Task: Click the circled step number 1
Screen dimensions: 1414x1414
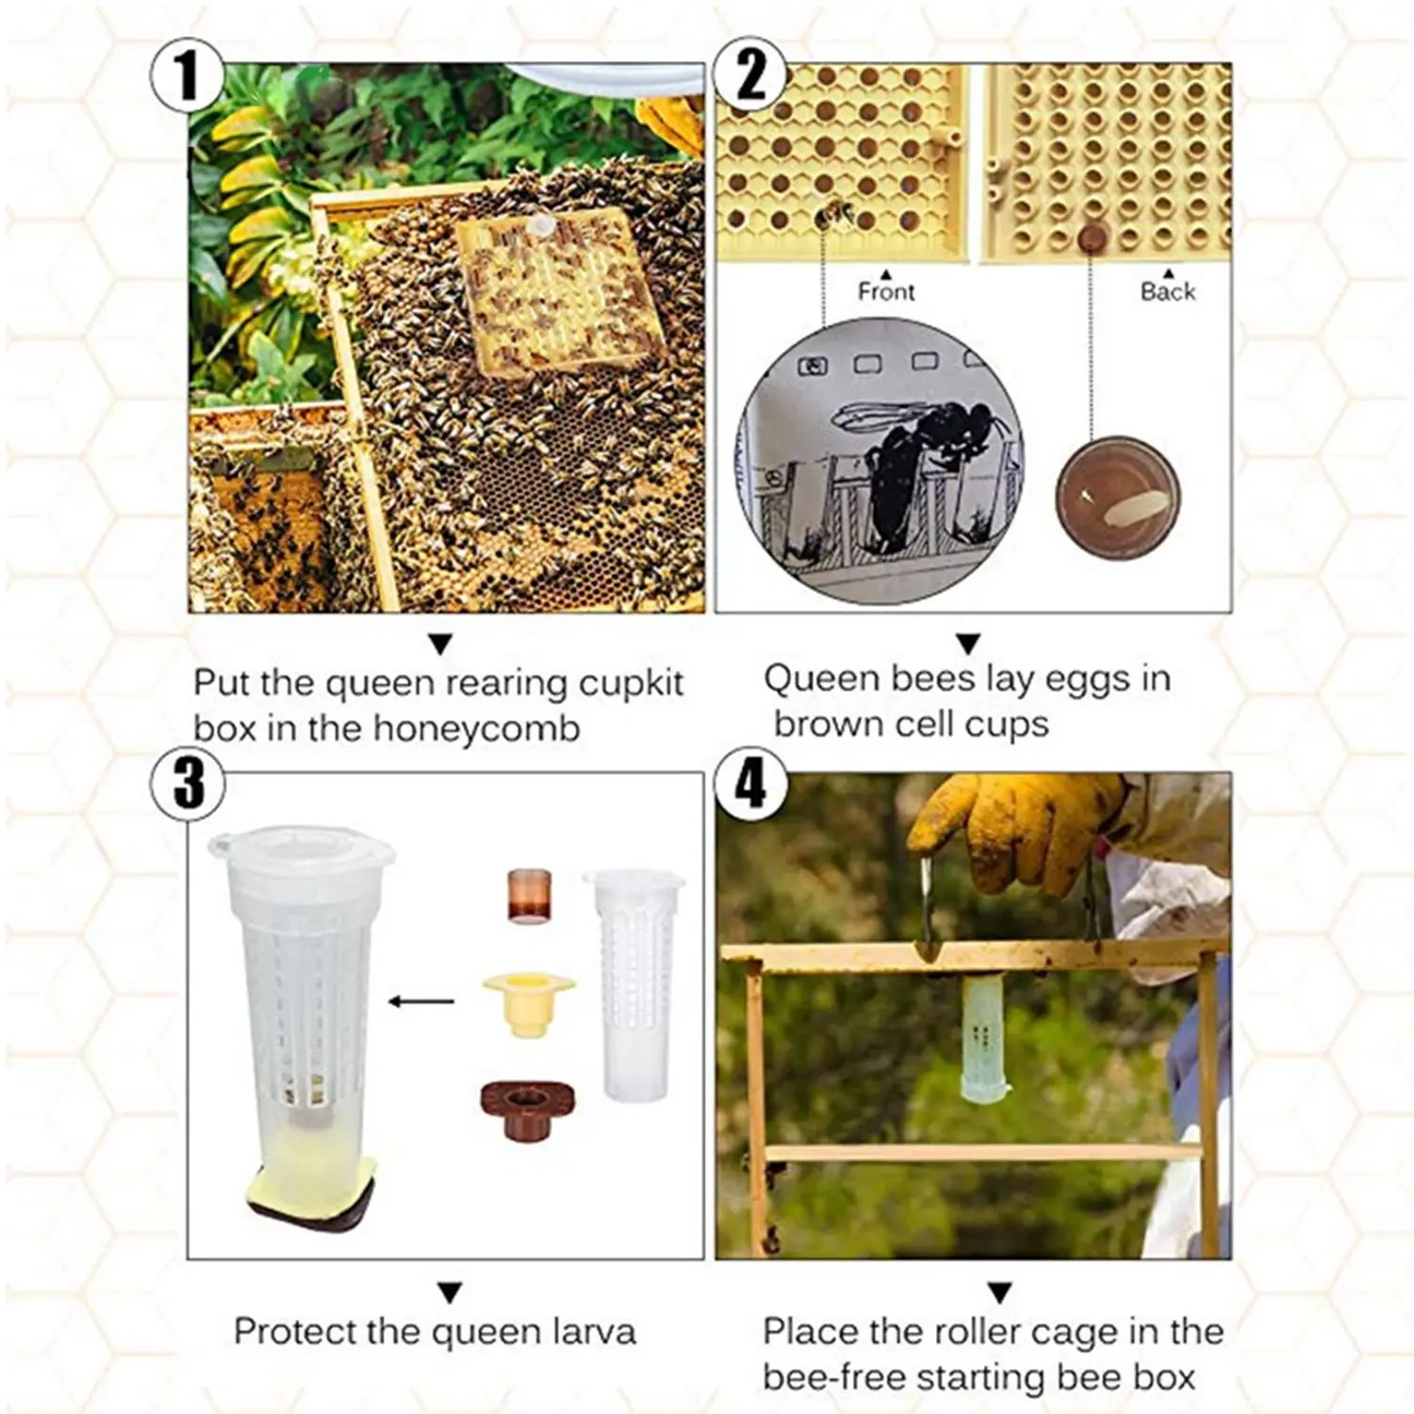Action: tap(188, 75)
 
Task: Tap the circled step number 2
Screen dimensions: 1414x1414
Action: tap(750, 75)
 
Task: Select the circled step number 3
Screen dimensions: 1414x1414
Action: tap(188, 783)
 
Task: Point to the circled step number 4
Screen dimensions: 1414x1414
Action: tap(750, 783)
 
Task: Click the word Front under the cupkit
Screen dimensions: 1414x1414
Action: tap(886, 292)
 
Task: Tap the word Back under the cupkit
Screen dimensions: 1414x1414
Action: tap(1168, 292)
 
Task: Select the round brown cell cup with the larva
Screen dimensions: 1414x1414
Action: tap(1117, 497)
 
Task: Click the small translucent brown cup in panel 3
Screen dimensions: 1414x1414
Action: tap(529, 895)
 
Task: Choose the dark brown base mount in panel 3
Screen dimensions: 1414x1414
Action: tap(528, 1109)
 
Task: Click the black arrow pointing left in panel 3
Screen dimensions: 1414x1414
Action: tap(421, 1001)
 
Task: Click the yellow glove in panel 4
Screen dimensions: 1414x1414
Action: tap(1013, 830)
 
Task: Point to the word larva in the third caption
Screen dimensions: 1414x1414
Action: tap(589, 1331)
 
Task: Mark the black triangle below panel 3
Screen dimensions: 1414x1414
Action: tap(450, 1291)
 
